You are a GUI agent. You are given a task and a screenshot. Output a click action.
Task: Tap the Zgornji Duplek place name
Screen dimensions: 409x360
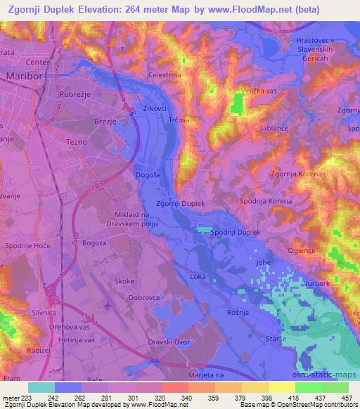181,203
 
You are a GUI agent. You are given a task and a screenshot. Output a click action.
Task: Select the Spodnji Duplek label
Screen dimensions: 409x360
236,232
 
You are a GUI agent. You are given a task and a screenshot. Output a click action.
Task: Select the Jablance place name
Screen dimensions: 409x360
275,129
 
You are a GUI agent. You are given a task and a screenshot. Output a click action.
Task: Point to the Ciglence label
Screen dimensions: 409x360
302,250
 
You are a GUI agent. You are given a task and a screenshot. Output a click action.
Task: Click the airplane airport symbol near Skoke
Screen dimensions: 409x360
106,306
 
